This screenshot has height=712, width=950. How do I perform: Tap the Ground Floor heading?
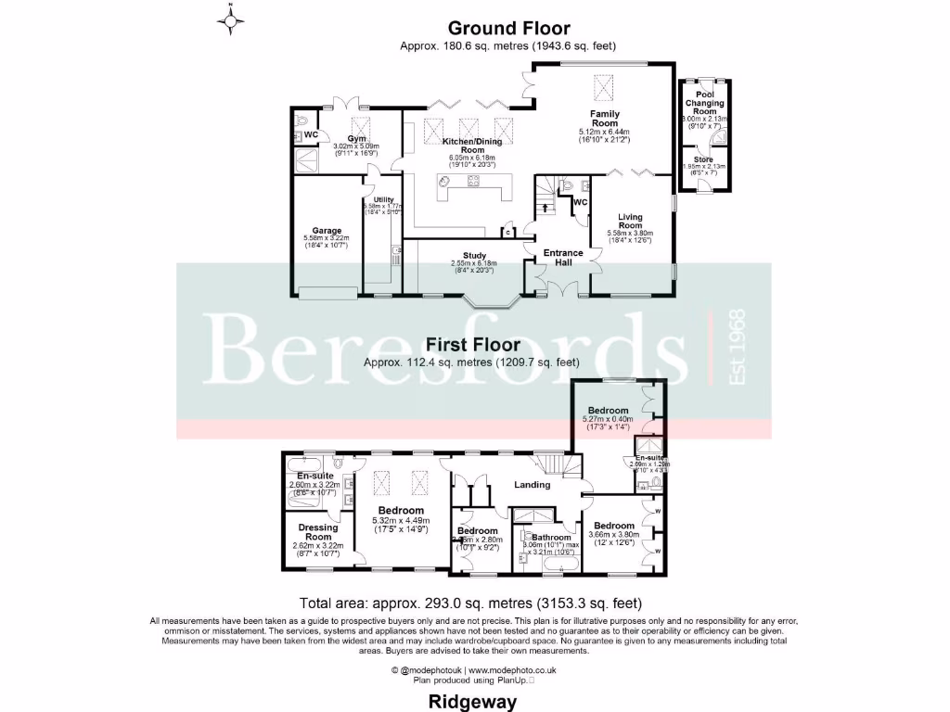508,30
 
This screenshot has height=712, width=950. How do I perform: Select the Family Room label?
605,119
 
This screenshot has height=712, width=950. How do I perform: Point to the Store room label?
704,159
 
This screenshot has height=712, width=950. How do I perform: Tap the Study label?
474,257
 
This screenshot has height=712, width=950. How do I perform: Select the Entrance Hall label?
563,258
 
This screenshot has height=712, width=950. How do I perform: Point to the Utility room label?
384,199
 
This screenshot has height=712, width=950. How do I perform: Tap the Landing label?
532,485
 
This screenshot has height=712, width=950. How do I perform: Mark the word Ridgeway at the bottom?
473,702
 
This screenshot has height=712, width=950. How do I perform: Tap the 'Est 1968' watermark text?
738,348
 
